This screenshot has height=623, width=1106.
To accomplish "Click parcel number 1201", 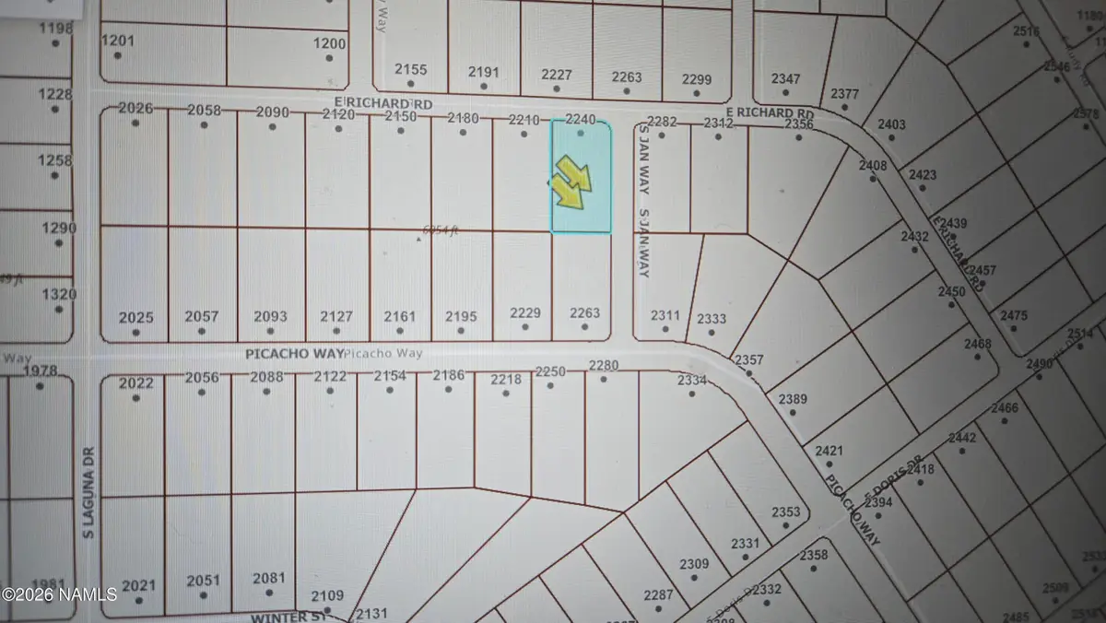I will [117, 41].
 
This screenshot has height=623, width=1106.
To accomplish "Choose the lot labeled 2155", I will [411, 70].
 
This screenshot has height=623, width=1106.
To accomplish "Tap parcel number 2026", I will [135, 110].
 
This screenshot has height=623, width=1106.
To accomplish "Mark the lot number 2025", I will [136, 318].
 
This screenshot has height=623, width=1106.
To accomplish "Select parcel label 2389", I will [793, 399].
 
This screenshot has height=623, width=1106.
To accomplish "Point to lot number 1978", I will [41, 371].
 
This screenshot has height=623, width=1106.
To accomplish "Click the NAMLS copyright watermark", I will [59, 593].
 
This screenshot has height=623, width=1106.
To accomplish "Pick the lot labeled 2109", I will [327, 595].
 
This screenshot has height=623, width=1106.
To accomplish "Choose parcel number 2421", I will [829, 451].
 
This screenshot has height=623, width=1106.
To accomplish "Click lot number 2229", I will [525, 313].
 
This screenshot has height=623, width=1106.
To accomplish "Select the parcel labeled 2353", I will [786, 512].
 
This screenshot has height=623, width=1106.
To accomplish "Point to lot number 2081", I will [268, 579].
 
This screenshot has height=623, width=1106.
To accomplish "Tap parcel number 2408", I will [873, 166].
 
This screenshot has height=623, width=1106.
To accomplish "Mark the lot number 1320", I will [59, 295].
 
